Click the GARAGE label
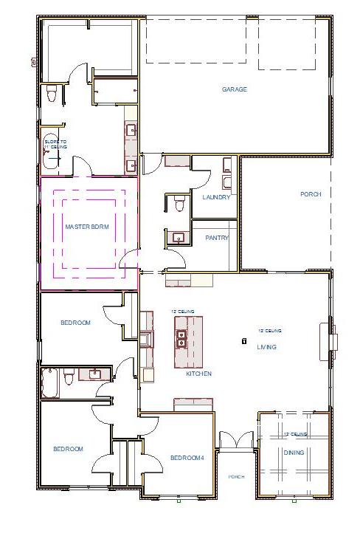pos(235,89)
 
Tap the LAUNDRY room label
pos(216,197)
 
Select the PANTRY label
pos(216,238)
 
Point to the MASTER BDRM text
pos(87,227)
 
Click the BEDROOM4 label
pos(187,458)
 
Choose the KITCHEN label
pos(198,374)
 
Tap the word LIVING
pos(266,346)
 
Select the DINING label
pos(294,453)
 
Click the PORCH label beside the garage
pos(311,194)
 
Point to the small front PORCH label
pos(236,477)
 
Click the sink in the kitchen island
pos(181,339)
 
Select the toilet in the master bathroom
pos(51,94)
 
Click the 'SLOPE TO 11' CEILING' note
pos(55,143)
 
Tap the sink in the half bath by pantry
pos(178,238)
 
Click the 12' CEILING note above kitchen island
pos(182,312)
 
